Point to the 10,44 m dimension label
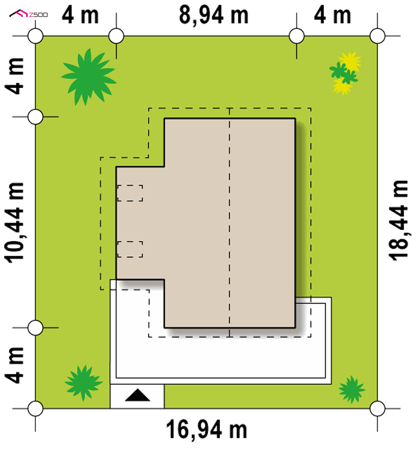pos(14,223)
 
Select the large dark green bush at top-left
pos(89,77)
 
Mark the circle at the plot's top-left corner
pos(35,36)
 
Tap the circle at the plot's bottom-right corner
pos(377,409)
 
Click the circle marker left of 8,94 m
pos(116,36)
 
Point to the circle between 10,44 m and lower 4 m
pos(35,328)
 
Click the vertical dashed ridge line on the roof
pos(229,222)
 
